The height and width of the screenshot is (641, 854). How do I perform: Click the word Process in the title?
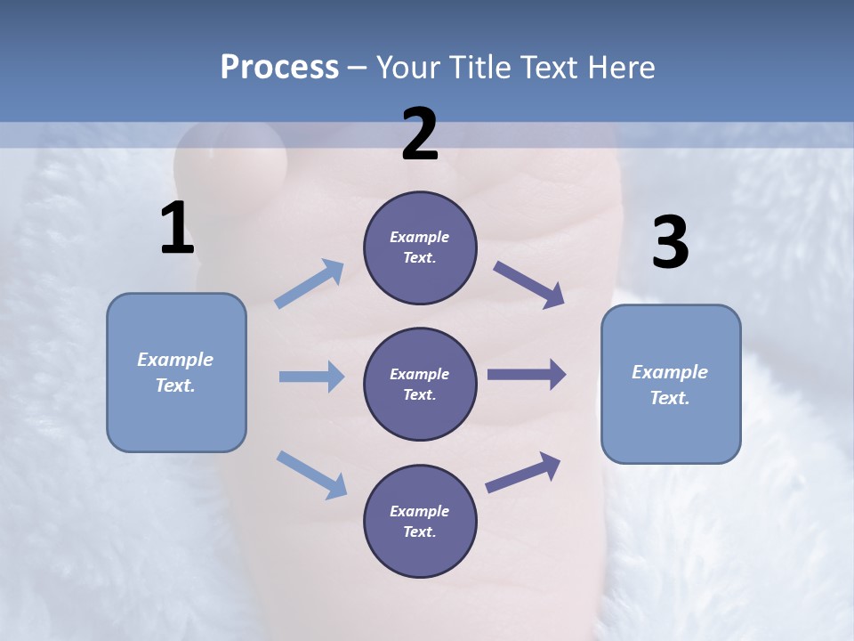pyautogui.click(x=279, y=67)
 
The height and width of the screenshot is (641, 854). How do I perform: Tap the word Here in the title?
pyautogui.click(x=620, y=67)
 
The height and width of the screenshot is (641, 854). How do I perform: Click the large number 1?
pyautogui.click(x=177, y=229)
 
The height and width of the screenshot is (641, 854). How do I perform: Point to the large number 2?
pyautogui.click(x=420, y=134)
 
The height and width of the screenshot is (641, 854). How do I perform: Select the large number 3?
pyautogui.click(x=670, y=243)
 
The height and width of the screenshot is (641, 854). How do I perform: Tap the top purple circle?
pyautogui.click(x=420, y=247)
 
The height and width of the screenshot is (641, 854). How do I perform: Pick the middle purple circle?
pyautogui.click(x=420, y=384)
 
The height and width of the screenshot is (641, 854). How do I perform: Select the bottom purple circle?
pyautogui.click(x=420, y=521)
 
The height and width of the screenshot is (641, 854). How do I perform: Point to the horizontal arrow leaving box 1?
pyautogui.click(x=311, y=377)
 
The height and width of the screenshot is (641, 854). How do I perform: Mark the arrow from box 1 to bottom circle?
pyautogui.click(x=311, y=475)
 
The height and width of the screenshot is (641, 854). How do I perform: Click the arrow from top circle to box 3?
pyautogui.click(x=529, y=285)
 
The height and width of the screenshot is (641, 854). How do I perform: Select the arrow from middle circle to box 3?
pyautogui.click(x=527, y=374)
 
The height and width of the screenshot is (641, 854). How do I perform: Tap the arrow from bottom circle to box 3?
pyautogui.click(x=523, y=473)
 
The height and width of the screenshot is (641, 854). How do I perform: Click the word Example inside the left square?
pyautogui.click(x=175, y=360)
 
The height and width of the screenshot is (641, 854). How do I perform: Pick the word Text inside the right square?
pyautogui.click(x=670, y=398)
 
